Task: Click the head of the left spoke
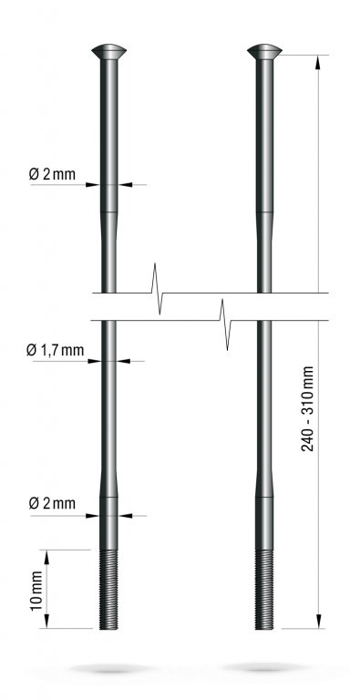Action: click(x=109, y=51)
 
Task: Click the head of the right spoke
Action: click(x=264, y=51)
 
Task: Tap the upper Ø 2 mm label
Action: click(x=52, y=174)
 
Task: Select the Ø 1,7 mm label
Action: click(x=55, y=350)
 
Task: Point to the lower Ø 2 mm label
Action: click(x=52, y=503)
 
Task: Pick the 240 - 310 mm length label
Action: click(x=307, y=408)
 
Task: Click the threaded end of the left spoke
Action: click(x=108, y=590)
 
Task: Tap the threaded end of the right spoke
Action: click(x=264, y=590)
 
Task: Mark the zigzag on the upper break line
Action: click(x=157, y=289)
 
